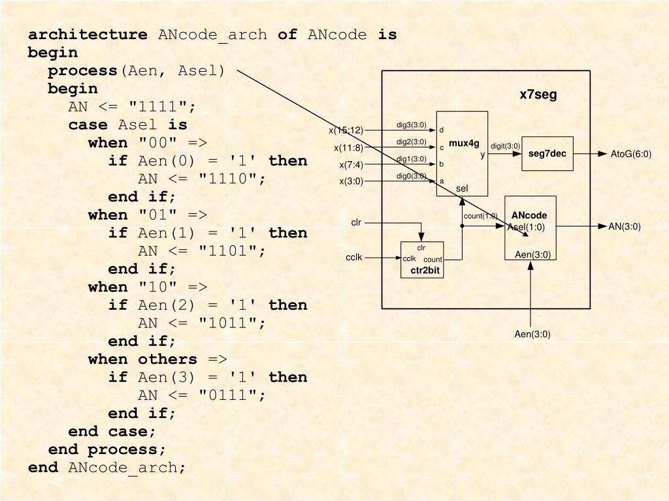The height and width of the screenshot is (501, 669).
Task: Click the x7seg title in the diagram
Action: click(538, 95)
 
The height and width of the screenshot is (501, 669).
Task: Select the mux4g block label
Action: click(464, 144)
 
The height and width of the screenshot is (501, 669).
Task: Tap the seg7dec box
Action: click(547, 154)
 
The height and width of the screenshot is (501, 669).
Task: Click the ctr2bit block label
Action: click(425, 270)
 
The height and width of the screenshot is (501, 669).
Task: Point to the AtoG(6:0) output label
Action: click(630, 155)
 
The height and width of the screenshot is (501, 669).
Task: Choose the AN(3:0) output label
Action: click(625, 227)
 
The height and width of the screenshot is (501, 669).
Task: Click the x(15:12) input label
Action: click(346, 130)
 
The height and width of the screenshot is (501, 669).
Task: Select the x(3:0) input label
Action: click(351, 181)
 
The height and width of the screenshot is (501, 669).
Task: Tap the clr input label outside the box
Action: click(356, 222)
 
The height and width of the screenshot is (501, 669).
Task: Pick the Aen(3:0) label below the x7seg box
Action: click(532, 335)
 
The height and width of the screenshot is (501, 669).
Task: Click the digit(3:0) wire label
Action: click(505, 146)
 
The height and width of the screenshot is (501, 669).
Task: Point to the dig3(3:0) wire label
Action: click(411, 125)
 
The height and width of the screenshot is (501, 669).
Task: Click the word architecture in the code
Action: click(88, 35)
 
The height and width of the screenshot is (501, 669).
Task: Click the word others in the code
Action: click(167, 359)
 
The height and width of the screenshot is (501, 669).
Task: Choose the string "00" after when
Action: click(157, 143)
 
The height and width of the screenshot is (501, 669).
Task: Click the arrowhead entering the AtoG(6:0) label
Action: click(602, 155)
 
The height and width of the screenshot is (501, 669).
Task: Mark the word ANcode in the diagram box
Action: click(529, 216)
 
